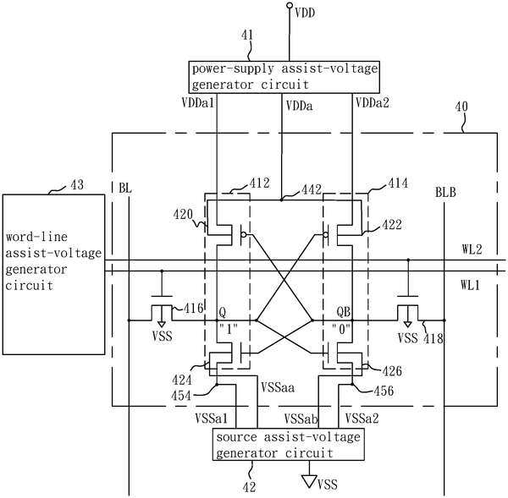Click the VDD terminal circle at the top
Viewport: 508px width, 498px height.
(x=290, y=5)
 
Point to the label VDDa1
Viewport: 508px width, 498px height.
(x=197, y=103)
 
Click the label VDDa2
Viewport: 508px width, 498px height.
(x=373, y=103)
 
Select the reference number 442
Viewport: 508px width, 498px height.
(x=312, y=189)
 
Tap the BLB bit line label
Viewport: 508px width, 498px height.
(x=445, y=193)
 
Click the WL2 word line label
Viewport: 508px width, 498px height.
(x=472, y=249)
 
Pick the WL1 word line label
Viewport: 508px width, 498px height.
(x=470, y=285)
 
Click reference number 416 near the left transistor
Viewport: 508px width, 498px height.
(x=193, y=308)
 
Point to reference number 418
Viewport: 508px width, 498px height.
(x=433, y=338)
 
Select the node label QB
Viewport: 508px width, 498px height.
(x=344, y=312)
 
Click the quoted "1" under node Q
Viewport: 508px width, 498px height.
(x=229, y=330)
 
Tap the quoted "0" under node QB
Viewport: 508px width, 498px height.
(x=341, y=330)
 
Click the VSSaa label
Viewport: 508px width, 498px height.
(x=278, y=387)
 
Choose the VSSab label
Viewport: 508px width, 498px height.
(x=301, y=419)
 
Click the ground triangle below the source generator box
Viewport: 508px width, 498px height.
(x=309, y=481)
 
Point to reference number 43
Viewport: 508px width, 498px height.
(x=77, y=185)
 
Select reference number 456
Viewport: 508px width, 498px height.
(x=384, y=391)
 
